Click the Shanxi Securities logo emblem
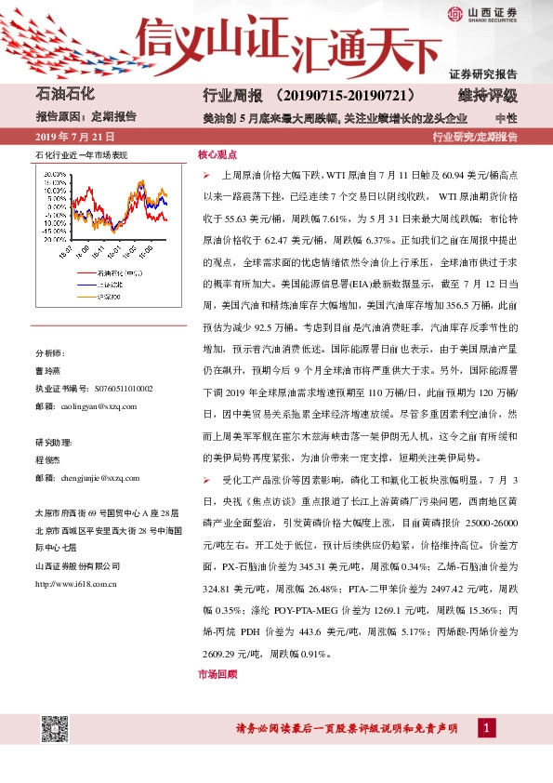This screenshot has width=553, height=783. [x=454, y=13]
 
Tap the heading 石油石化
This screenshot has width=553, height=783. [x=67, y=95]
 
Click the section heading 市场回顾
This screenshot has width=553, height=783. [x=217, y=674]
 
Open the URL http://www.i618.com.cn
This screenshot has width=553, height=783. [x=74, y=584]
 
